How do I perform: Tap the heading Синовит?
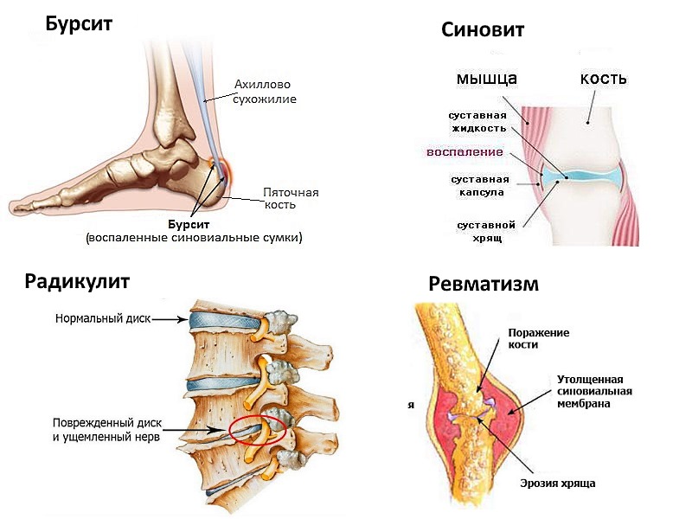click(x=483, y=30)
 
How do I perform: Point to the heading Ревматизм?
click(x=484, y=284)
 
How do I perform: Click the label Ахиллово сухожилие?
click(x=265, y=92)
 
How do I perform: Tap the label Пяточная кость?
click(x=292, y=198)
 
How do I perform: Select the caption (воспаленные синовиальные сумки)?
click(x=199, y=236)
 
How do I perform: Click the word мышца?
click(x=486, y=79)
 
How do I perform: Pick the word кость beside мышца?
click(x=603, y=79)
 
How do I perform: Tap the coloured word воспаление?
click(x=465, y=152)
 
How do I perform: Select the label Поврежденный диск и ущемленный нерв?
click(x=106, y=431)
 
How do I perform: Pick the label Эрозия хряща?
click(x=557, y=483)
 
